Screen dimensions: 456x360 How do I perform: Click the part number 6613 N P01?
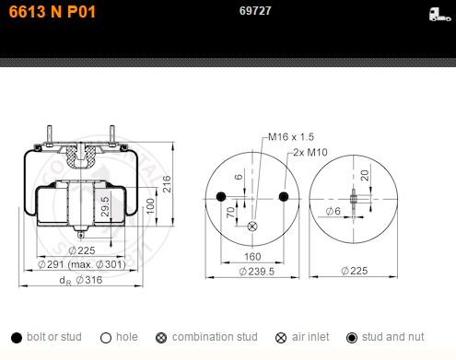click(53, 12)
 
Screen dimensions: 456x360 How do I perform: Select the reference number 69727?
click(255, 11)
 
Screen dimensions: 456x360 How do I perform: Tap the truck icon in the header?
click(439, 15)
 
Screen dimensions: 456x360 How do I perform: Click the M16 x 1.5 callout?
click(291, 136)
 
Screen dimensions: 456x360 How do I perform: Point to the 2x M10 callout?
click(310, 152)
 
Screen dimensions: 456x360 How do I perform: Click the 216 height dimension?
click(167, 184)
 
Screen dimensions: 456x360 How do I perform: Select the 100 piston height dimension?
click(150, 206)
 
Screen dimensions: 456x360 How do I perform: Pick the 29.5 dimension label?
click(105, 206)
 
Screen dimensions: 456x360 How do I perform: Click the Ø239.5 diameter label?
click(256, 272)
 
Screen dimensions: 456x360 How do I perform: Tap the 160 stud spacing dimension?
click(252, 257)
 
